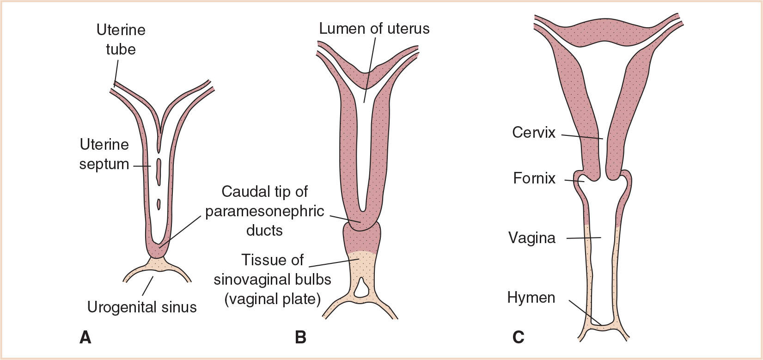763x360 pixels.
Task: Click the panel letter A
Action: [x=85, y=337]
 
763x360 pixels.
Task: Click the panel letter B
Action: [x=300, y=337]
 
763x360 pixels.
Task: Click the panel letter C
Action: [x=518, y=337]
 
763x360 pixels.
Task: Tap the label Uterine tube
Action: [x=121, y=39]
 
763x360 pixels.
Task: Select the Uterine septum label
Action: [x=104, y=154]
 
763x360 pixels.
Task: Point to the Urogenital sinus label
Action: [x=142, y=307]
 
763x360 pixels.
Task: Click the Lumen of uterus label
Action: [x=374, y=29]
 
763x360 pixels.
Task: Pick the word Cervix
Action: [x=533, y=133]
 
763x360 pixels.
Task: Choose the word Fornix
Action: [x=534, y=178]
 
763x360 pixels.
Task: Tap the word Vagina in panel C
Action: [x=531, y=238]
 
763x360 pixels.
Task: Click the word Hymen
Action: [x=531, y=297]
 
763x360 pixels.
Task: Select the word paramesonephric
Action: [x=264, y=211]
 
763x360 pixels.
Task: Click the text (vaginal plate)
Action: [x=272, y=299]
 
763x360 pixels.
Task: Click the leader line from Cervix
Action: [x=582, y=136]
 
